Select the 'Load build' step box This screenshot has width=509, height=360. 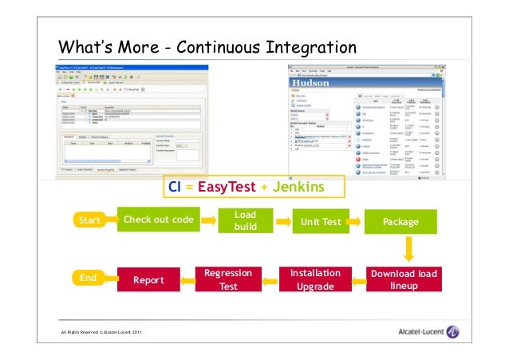click(246, 221)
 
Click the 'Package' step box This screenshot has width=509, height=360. click(400, 221)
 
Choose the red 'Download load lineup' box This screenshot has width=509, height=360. click(404, 279)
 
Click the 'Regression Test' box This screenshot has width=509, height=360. click(228, 279)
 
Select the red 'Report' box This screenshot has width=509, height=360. click(148, 280)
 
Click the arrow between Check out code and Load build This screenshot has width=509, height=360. click(208, 220)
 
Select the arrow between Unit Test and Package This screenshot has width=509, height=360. click(357, 220)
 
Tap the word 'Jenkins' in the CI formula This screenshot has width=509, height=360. click(296, 187)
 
